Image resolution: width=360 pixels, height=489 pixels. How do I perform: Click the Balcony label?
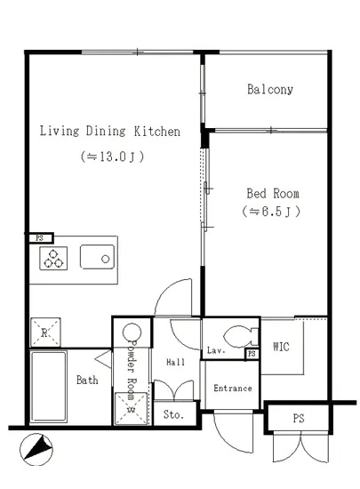coord(270,90)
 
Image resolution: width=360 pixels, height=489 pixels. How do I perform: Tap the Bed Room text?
coord(273,193)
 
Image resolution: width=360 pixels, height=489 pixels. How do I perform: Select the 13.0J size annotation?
coord(113,156)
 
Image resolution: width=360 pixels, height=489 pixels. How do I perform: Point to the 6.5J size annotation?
coord(271,212)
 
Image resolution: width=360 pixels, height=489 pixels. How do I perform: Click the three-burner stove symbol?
coord(53,258)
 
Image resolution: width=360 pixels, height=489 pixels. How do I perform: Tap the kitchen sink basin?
coord(97,257)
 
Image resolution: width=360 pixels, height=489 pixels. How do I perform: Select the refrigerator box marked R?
coord(45,333)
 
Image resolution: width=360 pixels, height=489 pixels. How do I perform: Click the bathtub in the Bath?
coord(49,387)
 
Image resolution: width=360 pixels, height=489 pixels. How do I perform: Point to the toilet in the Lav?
coord(241,337)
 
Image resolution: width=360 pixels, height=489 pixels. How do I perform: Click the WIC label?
coord(281,347)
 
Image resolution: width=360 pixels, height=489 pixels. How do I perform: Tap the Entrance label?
coord(233,389)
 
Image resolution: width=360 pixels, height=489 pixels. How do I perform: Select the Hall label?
coord(176,362)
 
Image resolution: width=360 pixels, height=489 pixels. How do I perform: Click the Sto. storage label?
coord(173,414)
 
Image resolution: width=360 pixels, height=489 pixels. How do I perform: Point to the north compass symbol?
coord(36,450)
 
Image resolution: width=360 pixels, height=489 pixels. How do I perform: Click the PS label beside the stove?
coord(40,238)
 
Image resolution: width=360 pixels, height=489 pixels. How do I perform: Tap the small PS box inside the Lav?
coord(252,354)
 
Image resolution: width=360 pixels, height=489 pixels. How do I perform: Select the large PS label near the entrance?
coord(299,418)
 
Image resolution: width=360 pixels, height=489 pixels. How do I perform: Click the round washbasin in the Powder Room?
coord(132,333)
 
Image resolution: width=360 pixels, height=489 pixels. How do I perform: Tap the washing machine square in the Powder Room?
coord(131,409)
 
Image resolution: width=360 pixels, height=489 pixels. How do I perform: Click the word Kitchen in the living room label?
coord(157,132)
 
